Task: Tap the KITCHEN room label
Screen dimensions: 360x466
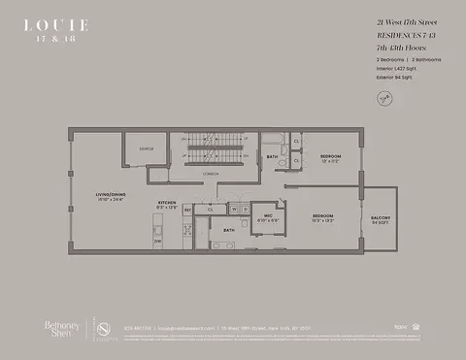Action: pos(168,204)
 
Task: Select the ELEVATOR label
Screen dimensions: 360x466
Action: pos(147,148)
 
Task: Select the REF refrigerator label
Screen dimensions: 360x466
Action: pos(186,209)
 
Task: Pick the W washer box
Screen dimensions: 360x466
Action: pos(232,208)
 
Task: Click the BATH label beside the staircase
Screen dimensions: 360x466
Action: pos(274,156)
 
